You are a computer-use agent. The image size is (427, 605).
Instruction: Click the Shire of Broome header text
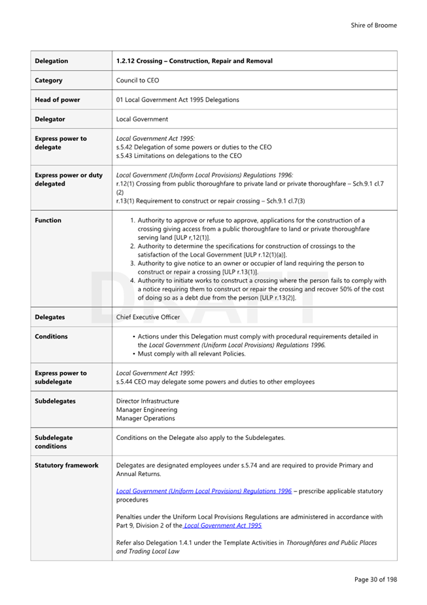coord(373,26)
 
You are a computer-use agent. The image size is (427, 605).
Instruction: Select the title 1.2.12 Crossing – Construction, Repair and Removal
coord(194,61)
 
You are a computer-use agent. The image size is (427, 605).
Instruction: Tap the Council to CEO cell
coord(137,81)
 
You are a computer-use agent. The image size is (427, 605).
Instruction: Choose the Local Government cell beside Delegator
coord(142,119)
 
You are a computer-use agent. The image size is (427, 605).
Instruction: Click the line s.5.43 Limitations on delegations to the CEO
coord(179,156)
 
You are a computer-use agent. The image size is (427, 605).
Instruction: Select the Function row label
coord(48,221)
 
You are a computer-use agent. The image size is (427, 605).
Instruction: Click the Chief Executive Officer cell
coord(148,317)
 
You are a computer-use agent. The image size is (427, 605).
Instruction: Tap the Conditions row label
coord(51,337)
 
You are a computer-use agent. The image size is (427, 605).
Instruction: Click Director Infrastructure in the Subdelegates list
coord(147,401)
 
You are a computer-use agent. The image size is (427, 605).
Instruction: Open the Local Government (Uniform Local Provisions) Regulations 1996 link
coord(204,490)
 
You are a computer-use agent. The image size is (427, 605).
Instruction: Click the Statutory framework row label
coord(66,466)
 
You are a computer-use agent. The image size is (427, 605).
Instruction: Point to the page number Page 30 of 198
coord(375,579)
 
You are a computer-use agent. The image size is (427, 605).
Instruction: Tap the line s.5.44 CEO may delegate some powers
coord(215,381)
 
